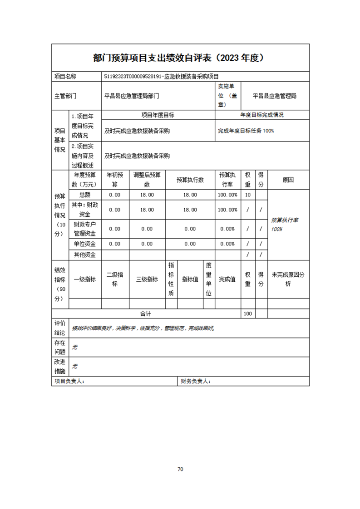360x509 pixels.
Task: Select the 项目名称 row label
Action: (65, 77)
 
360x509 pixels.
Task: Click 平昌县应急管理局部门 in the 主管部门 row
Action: (132, 96)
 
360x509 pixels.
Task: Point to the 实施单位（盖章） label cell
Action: (227, 96)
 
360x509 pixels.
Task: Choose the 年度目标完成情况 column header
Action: (262, 115)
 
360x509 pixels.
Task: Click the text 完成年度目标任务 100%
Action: (246, 131)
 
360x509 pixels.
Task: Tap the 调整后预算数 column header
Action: (147, 180)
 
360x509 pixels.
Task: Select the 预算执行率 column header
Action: (227, 180)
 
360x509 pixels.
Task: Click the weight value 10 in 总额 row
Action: (247, 195)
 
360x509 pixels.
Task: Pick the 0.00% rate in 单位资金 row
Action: (227, 244)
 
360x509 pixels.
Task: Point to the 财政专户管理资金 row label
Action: (84, 229)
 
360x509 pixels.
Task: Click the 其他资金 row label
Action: (84, 255)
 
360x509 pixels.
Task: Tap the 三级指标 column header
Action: (147, 279)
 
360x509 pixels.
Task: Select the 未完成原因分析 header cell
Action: (288, 279)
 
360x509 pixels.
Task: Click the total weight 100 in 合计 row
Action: (247, 314)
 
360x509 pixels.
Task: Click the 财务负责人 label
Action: (195, 382)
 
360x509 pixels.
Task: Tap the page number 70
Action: (180, 469)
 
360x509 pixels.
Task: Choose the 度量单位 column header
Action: (208, 279)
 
